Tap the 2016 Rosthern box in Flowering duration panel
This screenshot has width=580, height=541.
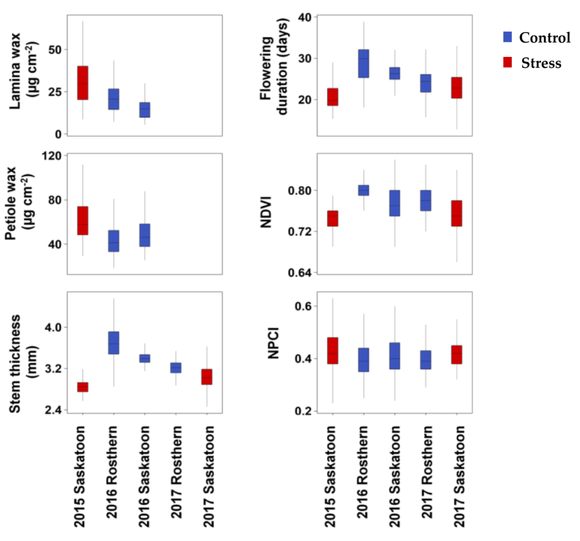coord(364,63)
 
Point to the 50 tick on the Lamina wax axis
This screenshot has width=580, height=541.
coord(55,50)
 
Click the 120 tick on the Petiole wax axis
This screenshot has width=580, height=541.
coord(52,156)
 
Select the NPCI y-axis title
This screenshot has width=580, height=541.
coord(273,343)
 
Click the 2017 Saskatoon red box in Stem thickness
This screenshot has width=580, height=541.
coord(207,377)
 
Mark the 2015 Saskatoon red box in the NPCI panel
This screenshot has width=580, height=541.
coord(333,351)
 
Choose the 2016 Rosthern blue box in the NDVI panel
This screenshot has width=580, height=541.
coord(364,190)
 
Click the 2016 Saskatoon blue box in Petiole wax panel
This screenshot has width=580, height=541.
coord(145,235)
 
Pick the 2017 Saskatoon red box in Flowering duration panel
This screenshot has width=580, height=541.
coord(457,88)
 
